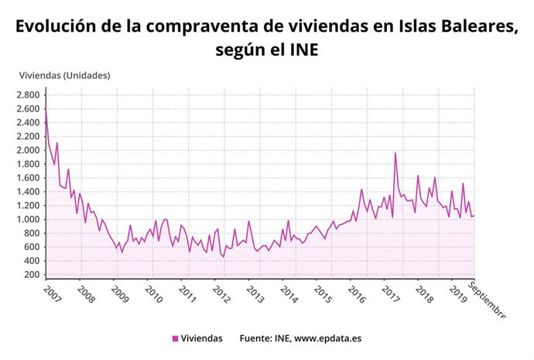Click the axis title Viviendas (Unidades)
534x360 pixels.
pos(64,75)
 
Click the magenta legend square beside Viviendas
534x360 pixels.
pos(175,338)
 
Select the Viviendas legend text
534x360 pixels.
pos(202,338)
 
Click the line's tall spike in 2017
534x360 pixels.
pos(395,153)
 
